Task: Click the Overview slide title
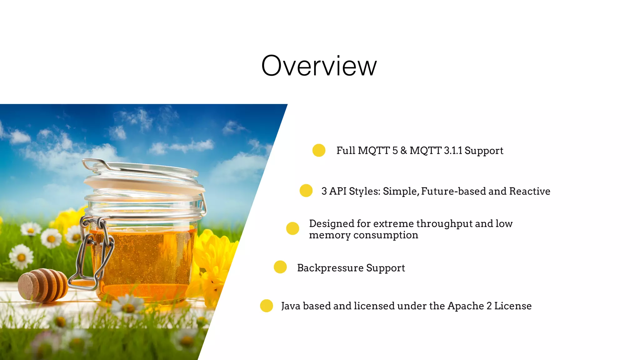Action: pos(319,66)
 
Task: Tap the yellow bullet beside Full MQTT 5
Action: pos(319,150)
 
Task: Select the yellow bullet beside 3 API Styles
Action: pos(306,191)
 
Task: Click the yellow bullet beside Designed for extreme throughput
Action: pos(292,228)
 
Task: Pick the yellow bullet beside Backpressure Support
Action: pos(280,267)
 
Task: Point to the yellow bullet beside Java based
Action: pos(267,306)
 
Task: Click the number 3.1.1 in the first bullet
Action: pos(453,151)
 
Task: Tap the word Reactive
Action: pos(530,191)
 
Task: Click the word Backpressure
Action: pos(330,268)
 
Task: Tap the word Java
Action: pos(291,306)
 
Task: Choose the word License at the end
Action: pos(513,306)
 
